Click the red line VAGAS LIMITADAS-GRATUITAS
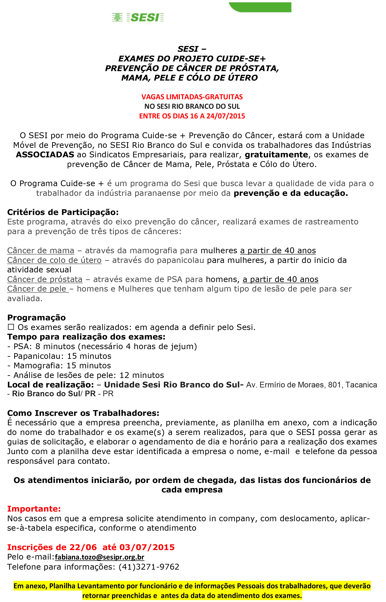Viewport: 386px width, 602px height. pyautogui.click(x=192, y=97)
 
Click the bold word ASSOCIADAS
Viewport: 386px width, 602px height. pyautogui.click(x=45, y=155)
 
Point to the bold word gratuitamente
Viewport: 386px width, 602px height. pyautogui.click(x=276, y=155)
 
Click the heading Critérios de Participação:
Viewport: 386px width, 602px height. pyautogui.click(x=63, y=212)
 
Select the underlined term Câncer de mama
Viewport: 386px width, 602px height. pyautogui.click(x=41, y=251)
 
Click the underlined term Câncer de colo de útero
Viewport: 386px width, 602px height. pyautogui.click(x=54, y=260)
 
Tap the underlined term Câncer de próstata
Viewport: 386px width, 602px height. pyautogui.click(x=45, y=280)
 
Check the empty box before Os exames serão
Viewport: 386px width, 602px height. pyautogui.click(x=11, y=327)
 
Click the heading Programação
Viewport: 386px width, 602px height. pyautogui.click(x=37, y=318)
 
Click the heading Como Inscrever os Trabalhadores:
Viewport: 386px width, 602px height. pyautogui.click(x=83, y=413)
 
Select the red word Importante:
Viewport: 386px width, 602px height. pyautogui.click(x=34, y=509)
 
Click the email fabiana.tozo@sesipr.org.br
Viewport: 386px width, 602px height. pyautogui.click(x=100, y=557)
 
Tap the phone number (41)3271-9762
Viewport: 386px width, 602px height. pyautogui.click(x=149, y=567)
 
